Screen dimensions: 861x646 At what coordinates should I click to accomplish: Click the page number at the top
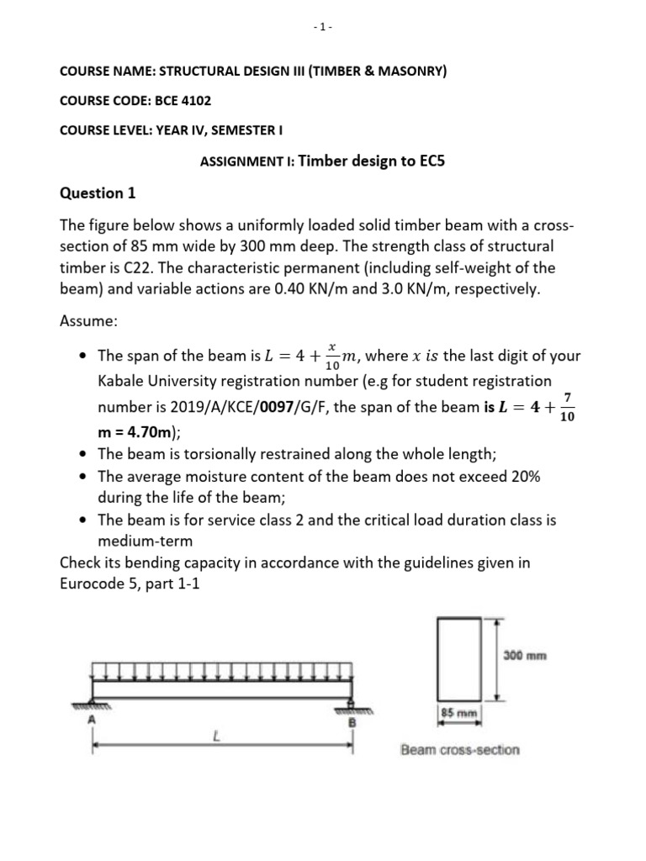point(322,27)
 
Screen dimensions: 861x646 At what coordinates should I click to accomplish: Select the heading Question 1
point(97,193)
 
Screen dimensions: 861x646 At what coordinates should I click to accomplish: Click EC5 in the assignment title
point(426,161)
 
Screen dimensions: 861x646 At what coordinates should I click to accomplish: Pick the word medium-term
point(145,541)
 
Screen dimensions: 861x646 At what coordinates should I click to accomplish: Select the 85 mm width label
point(459,714)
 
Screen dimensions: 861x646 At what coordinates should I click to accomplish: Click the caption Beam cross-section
point(459,749)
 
